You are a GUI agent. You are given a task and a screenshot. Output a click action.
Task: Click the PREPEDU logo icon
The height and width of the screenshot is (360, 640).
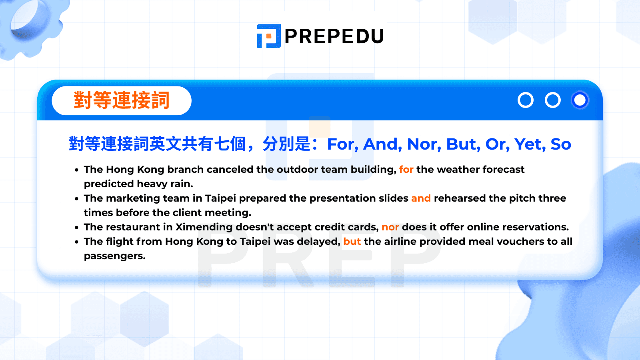[268, 36]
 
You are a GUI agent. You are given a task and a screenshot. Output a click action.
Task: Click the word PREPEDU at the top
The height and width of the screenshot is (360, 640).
[334, 36]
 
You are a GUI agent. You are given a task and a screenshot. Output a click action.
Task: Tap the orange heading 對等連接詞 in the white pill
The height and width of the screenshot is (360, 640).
[122, 100]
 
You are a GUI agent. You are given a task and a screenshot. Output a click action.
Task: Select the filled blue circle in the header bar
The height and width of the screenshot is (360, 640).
[580, 100]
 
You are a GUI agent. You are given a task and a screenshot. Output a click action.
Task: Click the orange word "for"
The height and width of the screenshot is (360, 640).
[406, 170]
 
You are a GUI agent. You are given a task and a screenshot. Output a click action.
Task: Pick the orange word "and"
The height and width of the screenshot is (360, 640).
[421, 198]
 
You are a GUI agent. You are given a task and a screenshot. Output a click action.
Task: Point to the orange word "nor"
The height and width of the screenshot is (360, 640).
[390, 227]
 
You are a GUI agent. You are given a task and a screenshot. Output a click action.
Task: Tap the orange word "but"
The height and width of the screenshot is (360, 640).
[352, 242]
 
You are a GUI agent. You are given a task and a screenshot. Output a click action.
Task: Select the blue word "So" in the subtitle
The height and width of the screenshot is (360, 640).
[561, 144]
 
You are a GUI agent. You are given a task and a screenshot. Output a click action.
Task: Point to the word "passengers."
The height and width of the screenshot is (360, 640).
[115, 256]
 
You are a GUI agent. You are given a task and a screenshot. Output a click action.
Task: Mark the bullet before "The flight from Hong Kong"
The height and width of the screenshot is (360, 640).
[76, 242]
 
